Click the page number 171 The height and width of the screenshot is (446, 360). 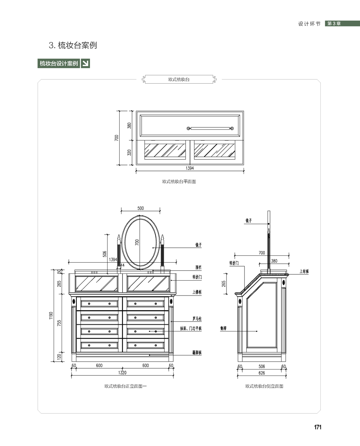(318, 427)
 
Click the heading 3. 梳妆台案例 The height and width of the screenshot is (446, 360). (73, 45)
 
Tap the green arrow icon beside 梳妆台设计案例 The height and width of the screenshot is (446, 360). (85, 63)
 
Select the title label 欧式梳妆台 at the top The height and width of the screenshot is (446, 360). (179, 79)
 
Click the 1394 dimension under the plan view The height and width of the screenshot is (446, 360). (190, 169)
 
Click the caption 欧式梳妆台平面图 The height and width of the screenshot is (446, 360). (179, 181)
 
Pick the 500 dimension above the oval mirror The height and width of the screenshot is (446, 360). (140, 208)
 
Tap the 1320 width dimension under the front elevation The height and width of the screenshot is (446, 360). (122, 373)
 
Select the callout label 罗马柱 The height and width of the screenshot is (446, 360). (197, 319)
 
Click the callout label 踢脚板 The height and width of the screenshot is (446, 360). (197, 353)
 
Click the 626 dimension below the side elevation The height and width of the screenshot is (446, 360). (262, 373)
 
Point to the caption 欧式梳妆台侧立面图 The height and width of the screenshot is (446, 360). (264, 386)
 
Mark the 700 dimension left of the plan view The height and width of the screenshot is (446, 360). (117, 138)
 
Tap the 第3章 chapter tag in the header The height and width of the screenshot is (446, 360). (334, 24)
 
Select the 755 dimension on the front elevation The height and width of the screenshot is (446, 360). (59, 323)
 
